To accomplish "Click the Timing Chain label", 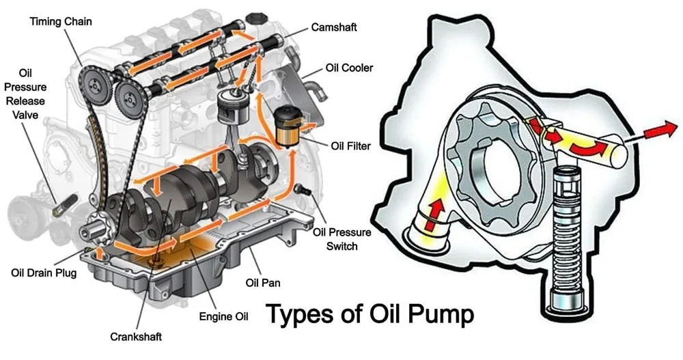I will click(x=61, y=22).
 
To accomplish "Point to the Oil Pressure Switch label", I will click(x=342, y=238).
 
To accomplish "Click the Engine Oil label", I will click(x=223, y=316).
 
